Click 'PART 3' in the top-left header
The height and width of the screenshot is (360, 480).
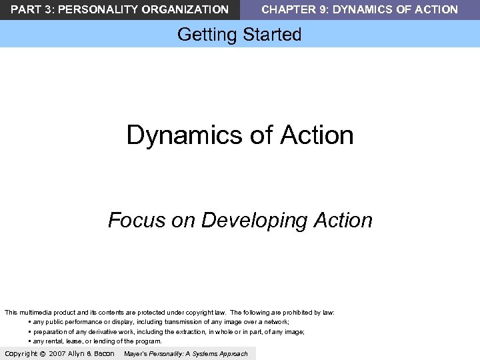tap(26, 9)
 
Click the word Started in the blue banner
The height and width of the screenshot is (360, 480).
tap(271, 35)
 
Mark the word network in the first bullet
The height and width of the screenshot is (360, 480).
tap(275, 321)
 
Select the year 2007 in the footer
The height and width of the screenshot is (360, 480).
tap(57, 353)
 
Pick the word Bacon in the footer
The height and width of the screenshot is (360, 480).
tap(103, 353)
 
